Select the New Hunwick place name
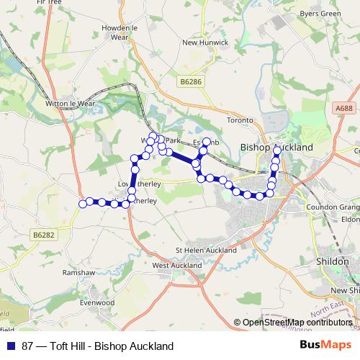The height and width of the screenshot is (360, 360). tap(204, 42)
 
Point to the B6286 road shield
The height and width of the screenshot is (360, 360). tap(192, 82)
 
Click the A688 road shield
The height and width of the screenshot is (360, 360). tap(343, 108)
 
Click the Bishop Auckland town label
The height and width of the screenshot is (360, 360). tap(276, 147)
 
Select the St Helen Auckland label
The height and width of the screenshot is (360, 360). tap(206, 251)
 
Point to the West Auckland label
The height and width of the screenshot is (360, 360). tap(176, 265)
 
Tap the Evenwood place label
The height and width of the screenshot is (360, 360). tap(97, 303)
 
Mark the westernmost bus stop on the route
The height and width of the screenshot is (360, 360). tap(83, 203)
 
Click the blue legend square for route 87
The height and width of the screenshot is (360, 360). tap(9, 346)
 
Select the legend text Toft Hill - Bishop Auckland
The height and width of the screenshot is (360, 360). tap(112, 346)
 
